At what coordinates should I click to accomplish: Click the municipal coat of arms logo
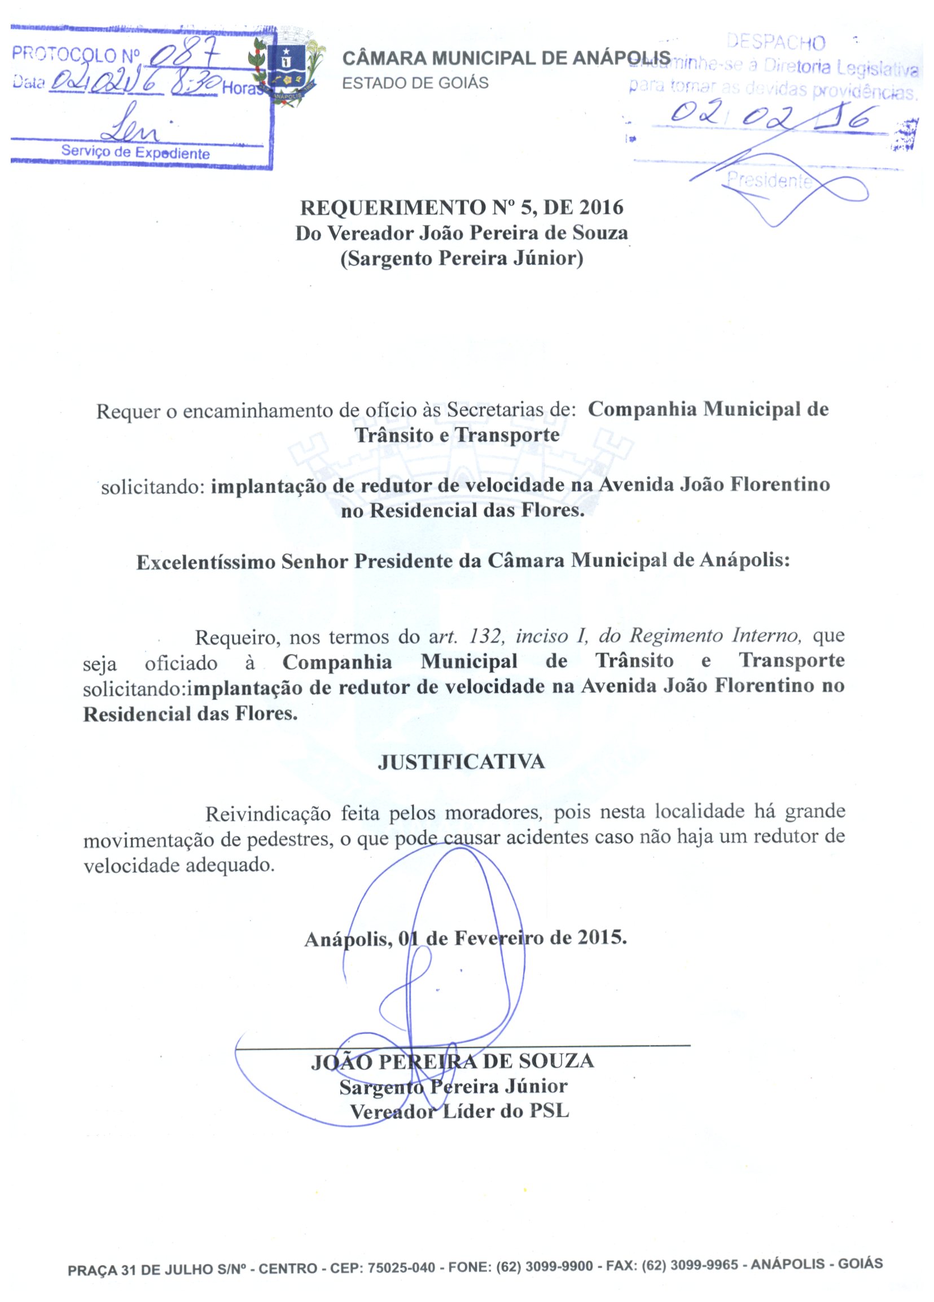point(286,68)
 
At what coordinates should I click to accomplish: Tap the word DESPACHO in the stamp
point(775,42)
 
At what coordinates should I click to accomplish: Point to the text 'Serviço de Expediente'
point(135,153)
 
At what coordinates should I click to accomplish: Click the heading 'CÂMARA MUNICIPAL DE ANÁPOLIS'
point(506,58)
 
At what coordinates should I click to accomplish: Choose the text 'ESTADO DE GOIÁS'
point(415,83)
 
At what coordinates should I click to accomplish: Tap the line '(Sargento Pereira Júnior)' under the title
point(462,259)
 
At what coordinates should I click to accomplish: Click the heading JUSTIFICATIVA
point(461,762)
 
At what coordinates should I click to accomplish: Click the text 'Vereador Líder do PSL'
point(459,1112)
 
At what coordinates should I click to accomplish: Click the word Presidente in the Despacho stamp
point(769,181)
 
